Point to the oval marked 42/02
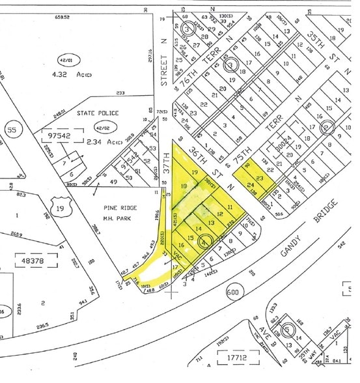click(x=102, y=128)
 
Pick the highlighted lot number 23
click(x=258, y=178)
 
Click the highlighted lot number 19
click(x=194, y=172)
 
